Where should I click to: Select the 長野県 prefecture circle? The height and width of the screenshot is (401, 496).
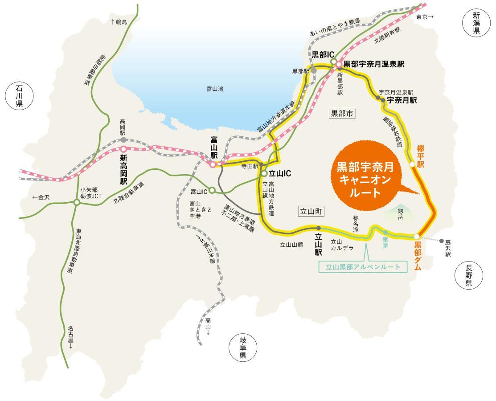click(x=468, y=275)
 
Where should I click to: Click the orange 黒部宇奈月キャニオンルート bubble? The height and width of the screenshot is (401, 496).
click(x=365, y=174)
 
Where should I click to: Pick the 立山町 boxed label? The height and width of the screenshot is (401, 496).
click(x=311, y=211)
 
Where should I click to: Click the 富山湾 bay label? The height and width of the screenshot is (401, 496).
click(x=215, y=89)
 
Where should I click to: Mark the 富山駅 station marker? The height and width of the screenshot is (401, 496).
click(x=213, y=164)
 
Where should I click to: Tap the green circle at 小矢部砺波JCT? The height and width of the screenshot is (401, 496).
click(x=77, y=202)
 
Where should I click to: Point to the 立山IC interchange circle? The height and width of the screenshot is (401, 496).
click(x=264, y=174)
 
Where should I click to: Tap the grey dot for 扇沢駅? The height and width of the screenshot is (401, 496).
click(x=442, y=241)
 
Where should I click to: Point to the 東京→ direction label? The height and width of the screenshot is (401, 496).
click(x=424, y=17)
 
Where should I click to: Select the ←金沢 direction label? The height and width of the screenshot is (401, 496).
click(x=41, y=197)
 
